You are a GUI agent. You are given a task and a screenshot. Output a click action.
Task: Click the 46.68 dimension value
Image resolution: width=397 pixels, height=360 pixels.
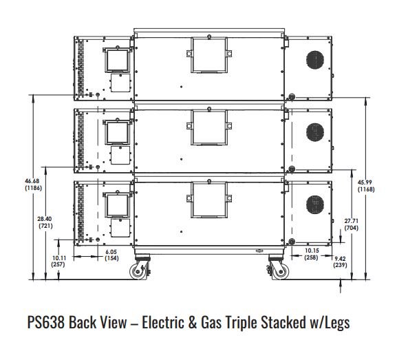[32, 181]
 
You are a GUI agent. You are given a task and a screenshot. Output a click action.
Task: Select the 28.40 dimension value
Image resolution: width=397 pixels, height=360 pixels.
[45, 219]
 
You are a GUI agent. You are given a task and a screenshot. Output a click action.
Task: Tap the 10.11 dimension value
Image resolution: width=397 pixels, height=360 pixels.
[59, 258]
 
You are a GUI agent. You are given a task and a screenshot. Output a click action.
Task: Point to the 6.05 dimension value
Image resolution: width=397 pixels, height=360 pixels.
[111, 251]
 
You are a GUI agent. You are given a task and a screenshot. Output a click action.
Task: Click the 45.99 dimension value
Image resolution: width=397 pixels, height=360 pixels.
[365, 182]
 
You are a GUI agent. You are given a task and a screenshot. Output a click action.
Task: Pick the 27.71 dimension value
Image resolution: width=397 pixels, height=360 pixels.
[351, 221]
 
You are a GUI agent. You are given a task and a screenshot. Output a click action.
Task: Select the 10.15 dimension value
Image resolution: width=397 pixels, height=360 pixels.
[312, 251]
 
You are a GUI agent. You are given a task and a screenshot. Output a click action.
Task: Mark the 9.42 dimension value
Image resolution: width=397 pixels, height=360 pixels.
[340, 259]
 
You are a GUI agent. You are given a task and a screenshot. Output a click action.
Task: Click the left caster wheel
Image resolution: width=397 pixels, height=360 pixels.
[138, 271]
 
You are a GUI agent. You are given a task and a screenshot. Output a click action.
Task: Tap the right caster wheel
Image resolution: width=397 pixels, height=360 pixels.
[280, 271]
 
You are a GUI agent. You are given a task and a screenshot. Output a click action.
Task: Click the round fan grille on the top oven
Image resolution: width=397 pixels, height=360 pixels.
[315, 60]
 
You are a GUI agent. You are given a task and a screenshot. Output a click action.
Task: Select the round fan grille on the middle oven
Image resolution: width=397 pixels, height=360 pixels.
[315, 132]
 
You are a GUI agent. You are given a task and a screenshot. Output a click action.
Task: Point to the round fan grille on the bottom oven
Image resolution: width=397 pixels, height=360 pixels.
[315, 204]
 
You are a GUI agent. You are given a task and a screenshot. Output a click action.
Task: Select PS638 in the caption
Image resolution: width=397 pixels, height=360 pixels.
[46, 322]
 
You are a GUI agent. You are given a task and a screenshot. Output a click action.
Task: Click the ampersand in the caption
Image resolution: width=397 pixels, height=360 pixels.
[193, 322]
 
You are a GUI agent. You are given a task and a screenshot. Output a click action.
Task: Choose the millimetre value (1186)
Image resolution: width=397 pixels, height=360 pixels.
[34, 188]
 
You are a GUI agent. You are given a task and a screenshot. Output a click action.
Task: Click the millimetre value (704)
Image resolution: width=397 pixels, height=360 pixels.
[352, 228]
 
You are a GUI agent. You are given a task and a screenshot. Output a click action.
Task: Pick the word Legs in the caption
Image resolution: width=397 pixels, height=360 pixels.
[336, 323]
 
